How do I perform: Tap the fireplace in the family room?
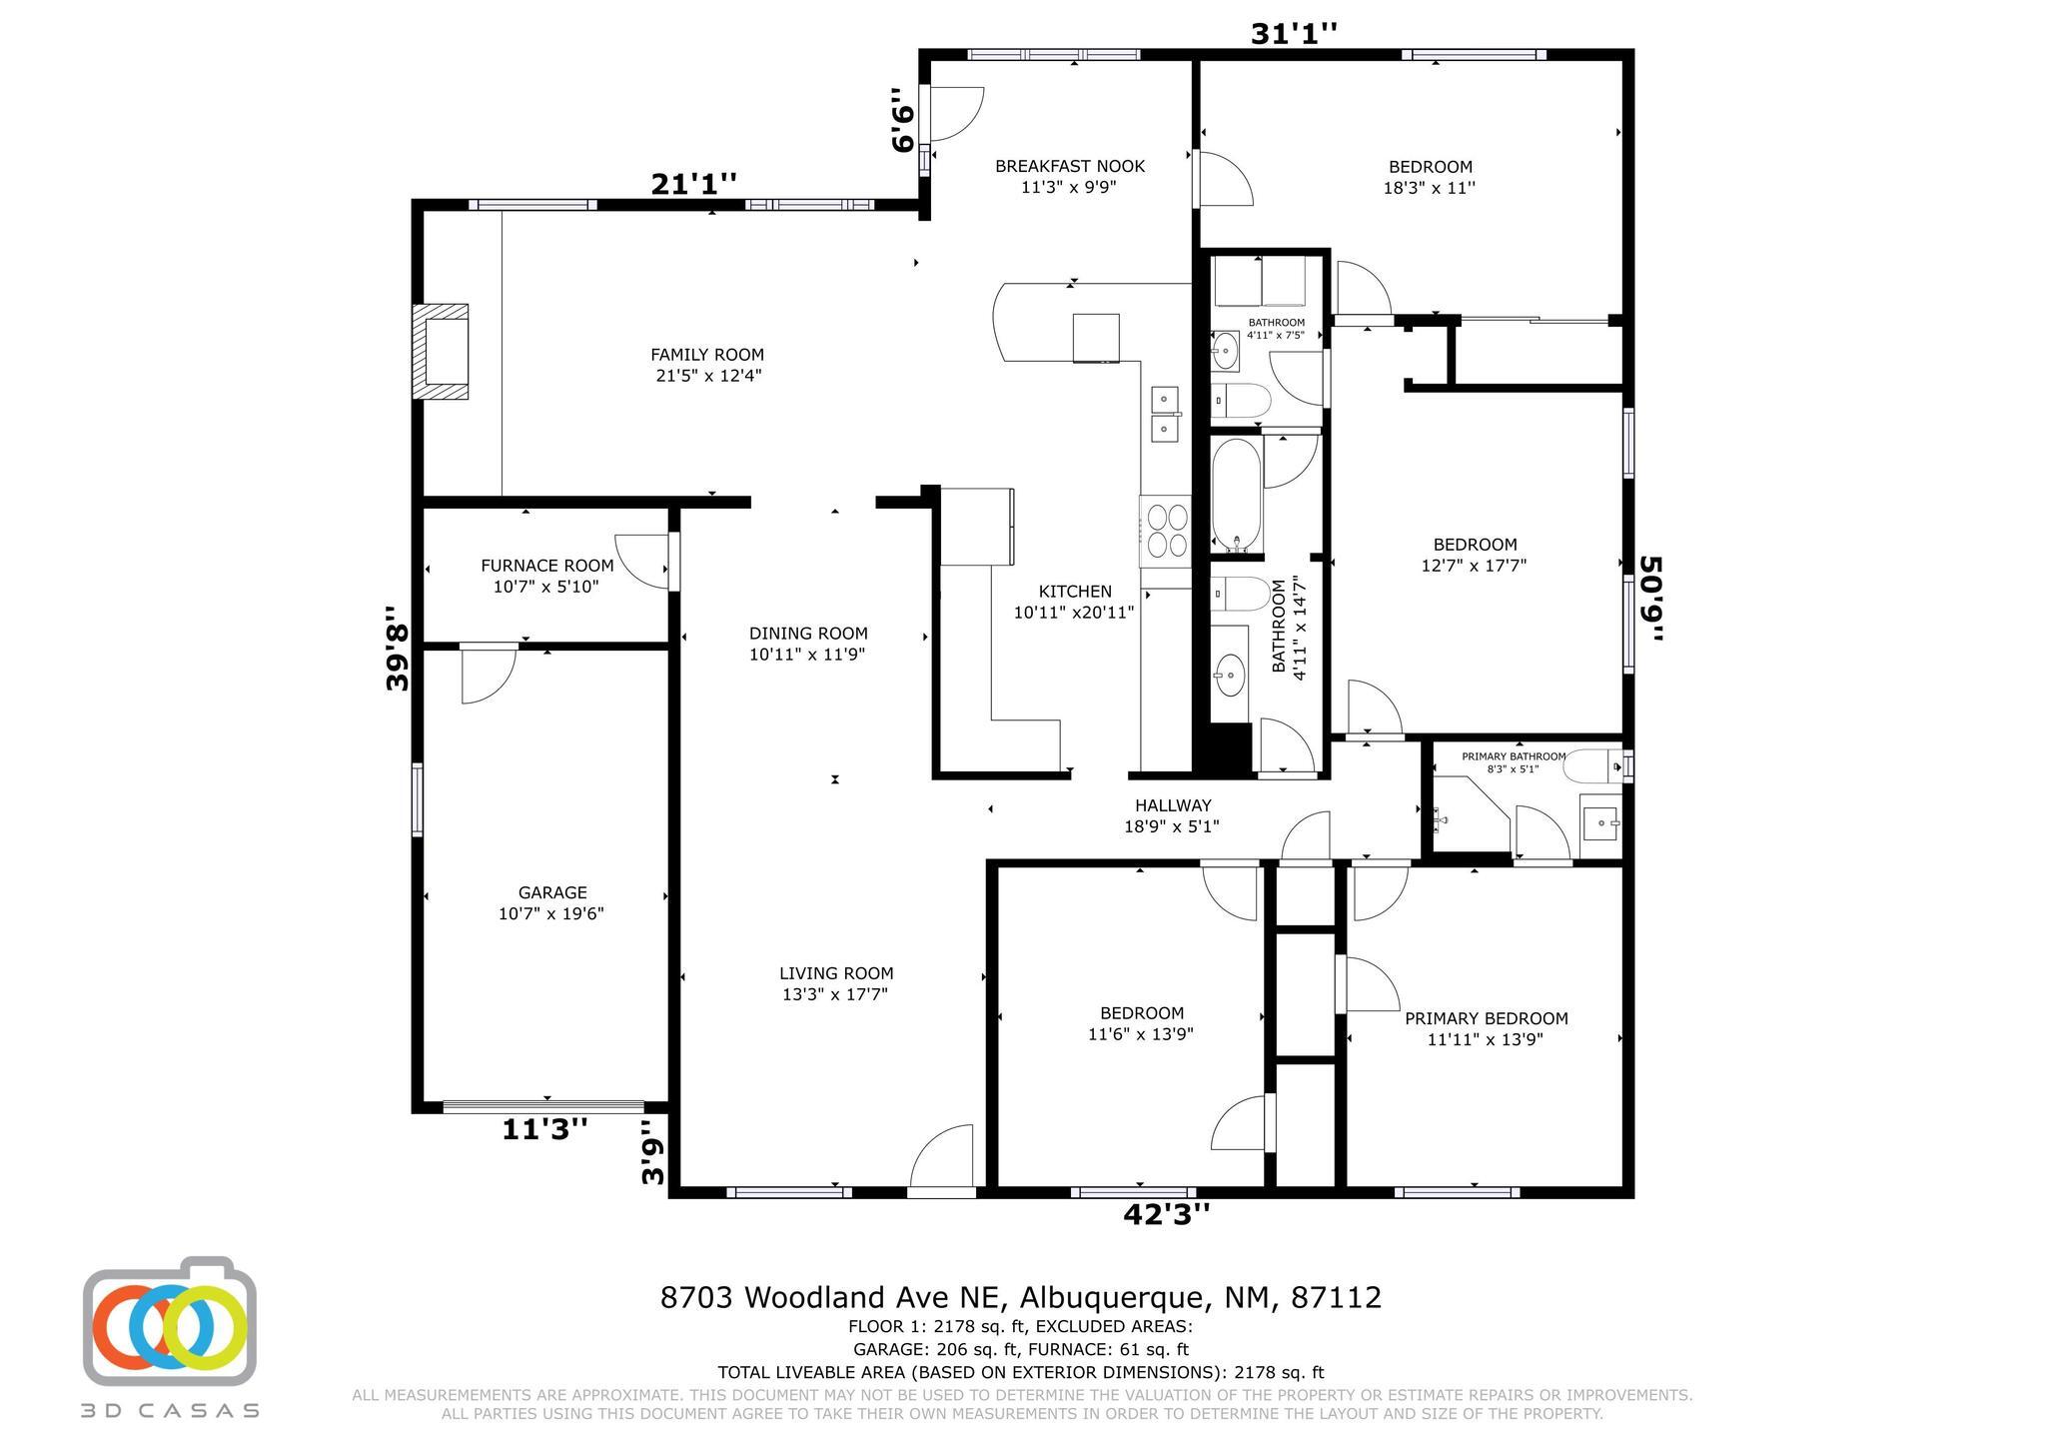441,352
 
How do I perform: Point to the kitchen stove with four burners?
1166,531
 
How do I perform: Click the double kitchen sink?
1165,415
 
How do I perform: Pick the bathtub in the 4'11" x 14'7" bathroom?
1237,496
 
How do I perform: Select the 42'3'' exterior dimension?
1167,1214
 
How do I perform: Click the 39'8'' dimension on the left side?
398,648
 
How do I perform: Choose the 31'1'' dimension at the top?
1294,34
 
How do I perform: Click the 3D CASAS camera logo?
170,1321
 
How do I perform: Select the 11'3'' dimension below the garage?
544,1129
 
